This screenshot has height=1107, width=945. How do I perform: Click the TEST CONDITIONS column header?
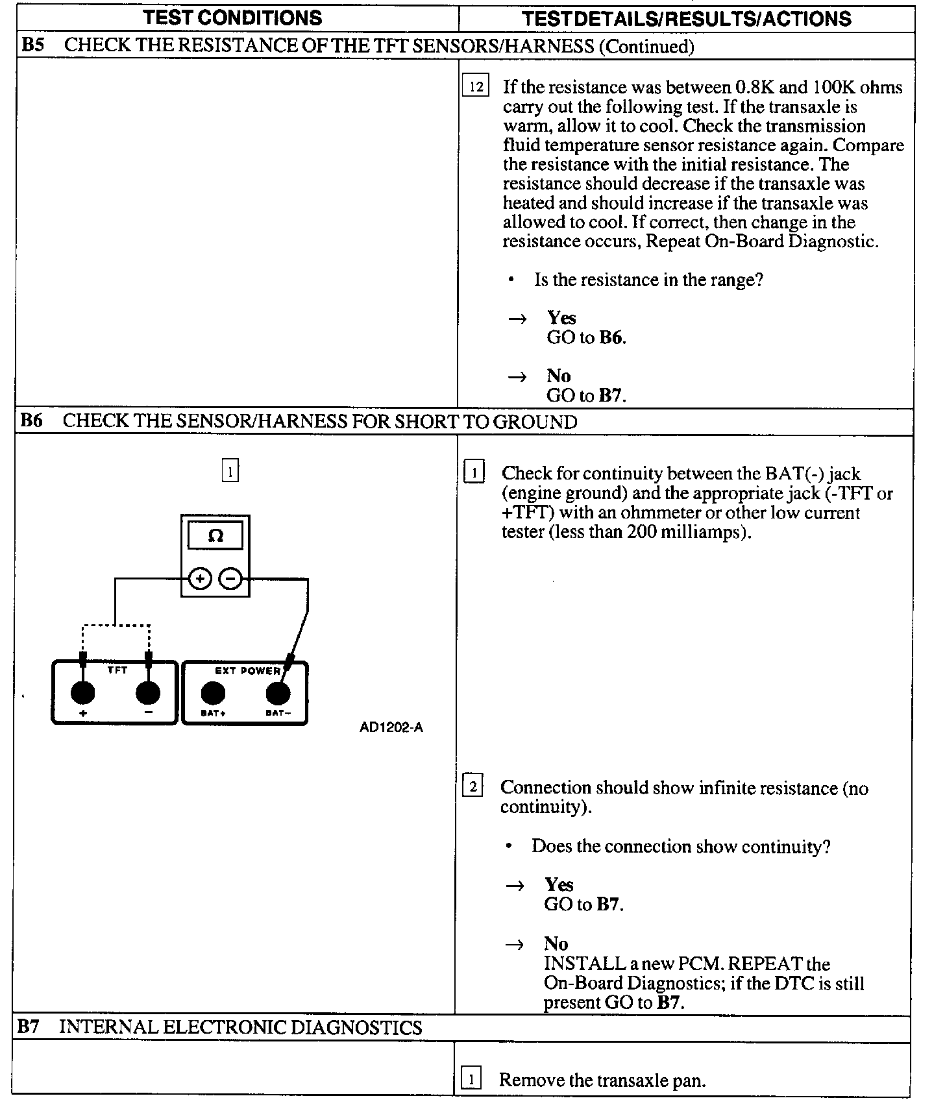pos(232,18)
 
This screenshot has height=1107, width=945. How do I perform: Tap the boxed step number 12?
pos(476,86)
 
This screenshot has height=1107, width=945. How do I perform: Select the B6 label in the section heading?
pos(31,421)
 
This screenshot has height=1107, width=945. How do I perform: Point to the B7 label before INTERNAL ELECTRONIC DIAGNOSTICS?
pos(29,1027)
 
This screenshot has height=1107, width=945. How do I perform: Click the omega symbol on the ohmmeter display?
pos(215,536)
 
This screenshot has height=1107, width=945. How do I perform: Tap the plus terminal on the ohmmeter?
pos(200,578)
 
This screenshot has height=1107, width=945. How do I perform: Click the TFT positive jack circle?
pos(82,693)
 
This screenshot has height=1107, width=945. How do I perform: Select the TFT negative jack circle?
pos(148,693)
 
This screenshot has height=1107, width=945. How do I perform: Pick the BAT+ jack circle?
pos(212,694)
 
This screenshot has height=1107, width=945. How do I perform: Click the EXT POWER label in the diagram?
pos(247,671)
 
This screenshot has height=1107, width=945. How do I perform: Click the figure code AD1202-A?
pos(391,727)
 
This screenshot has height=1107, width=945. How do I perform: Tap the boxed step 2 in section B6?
pos(472,788)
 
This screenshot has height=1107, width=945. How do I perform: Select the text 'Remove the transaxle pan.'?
pos(602,1080)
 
